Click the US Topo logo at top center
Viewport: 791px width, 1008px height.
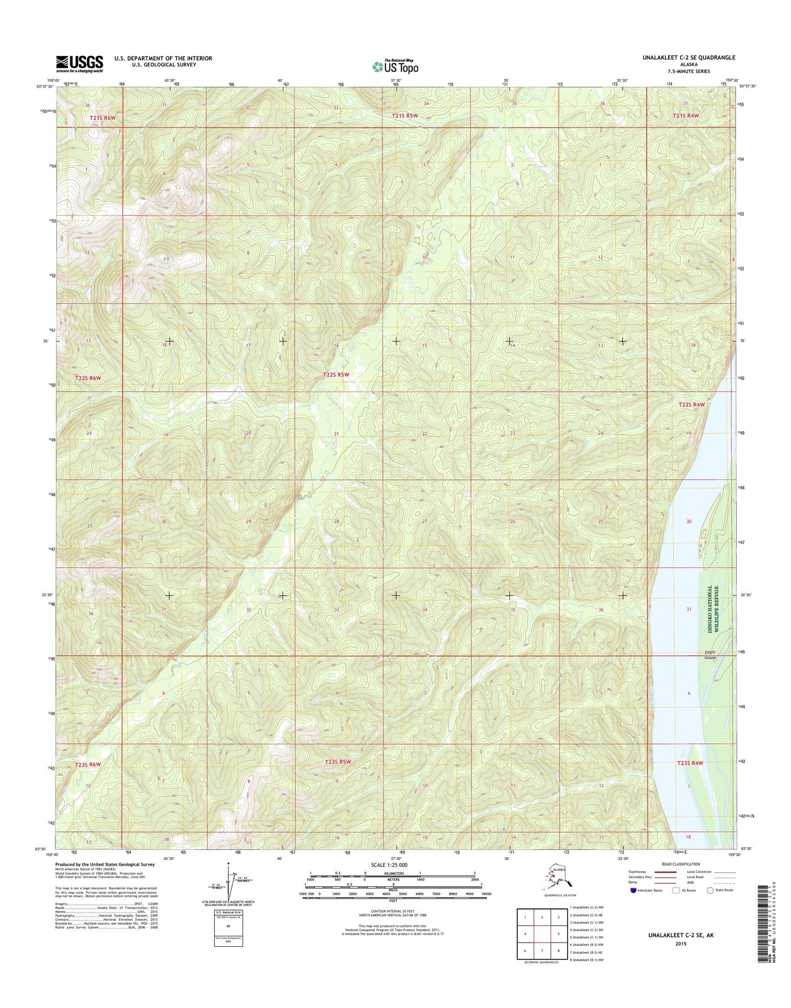tap(395, 66)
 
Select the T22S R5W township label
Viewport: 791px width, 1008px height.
tap(336, 374)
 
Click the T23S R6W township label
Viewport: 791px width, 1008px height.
tap(87, 764)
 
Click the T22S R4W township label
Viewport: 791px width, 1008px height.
tap(691, 404)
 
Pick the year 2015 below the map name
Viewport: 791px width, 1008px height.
tap(680, 944)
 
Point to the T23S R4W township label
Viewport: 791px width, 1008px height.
tap(690, 763)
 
